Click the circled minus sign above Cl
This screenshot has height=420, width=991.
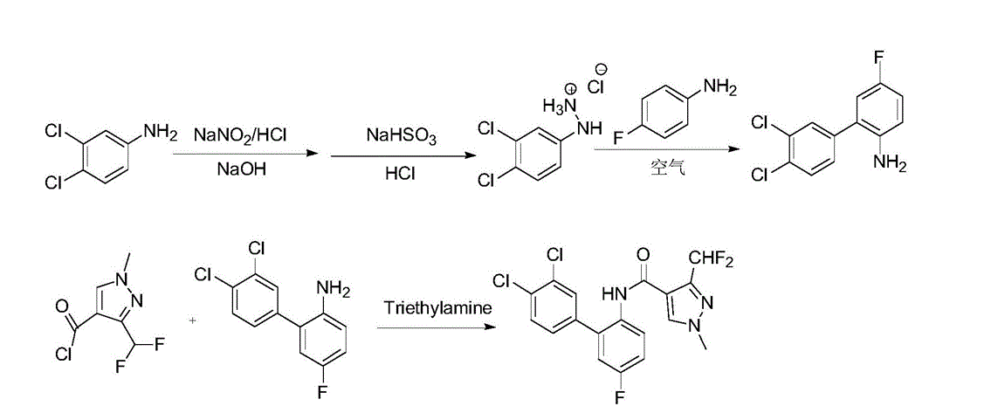click(x=602, y=69)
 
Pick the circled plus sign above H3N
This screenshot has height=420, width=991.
click(x=571, y=88)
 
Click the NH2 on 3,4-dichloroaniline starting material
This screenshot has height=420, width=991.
click(x=160, y=132)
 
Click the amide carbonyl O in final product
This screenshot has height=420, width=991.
click(x=643, y=254)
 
